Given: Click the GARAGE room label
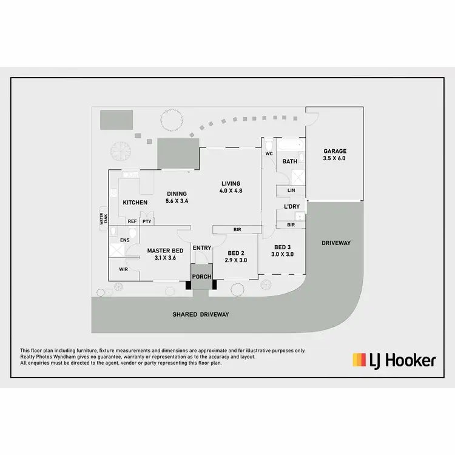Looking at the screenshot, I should point(334,151).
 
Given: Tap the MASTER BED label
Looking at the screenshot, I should point(166,251).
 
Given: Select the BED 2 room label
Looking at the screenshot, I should point(235,253).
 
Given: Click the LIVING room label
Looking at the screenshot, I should point(231,184).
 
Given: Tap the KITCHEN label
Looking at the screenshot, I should point(135,202).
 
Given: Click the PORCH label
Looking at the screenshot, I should point(201,277).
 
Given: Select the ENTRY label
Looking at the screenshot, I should point(201,248).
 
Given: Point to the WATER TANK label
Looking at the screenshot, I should point(103,218).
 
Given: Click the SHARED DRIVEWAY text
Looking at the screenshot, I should point(200,314).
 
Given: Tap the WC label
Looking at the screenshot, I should point(269,153).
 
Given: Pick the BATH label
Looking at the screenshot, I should point(289,161).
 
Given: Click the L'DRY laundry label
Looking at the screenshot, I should point(291,207).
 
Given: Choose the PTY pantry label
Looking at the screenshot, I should point(147,221).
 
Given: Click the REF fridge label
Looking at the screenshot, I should point(132,221).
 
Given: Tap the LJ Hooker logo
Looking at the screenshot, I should point(394,360).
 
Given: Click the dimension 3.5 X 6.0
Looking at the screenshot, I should point(334,158).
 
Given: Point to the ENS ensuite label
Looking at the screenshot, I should point(125,240).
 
